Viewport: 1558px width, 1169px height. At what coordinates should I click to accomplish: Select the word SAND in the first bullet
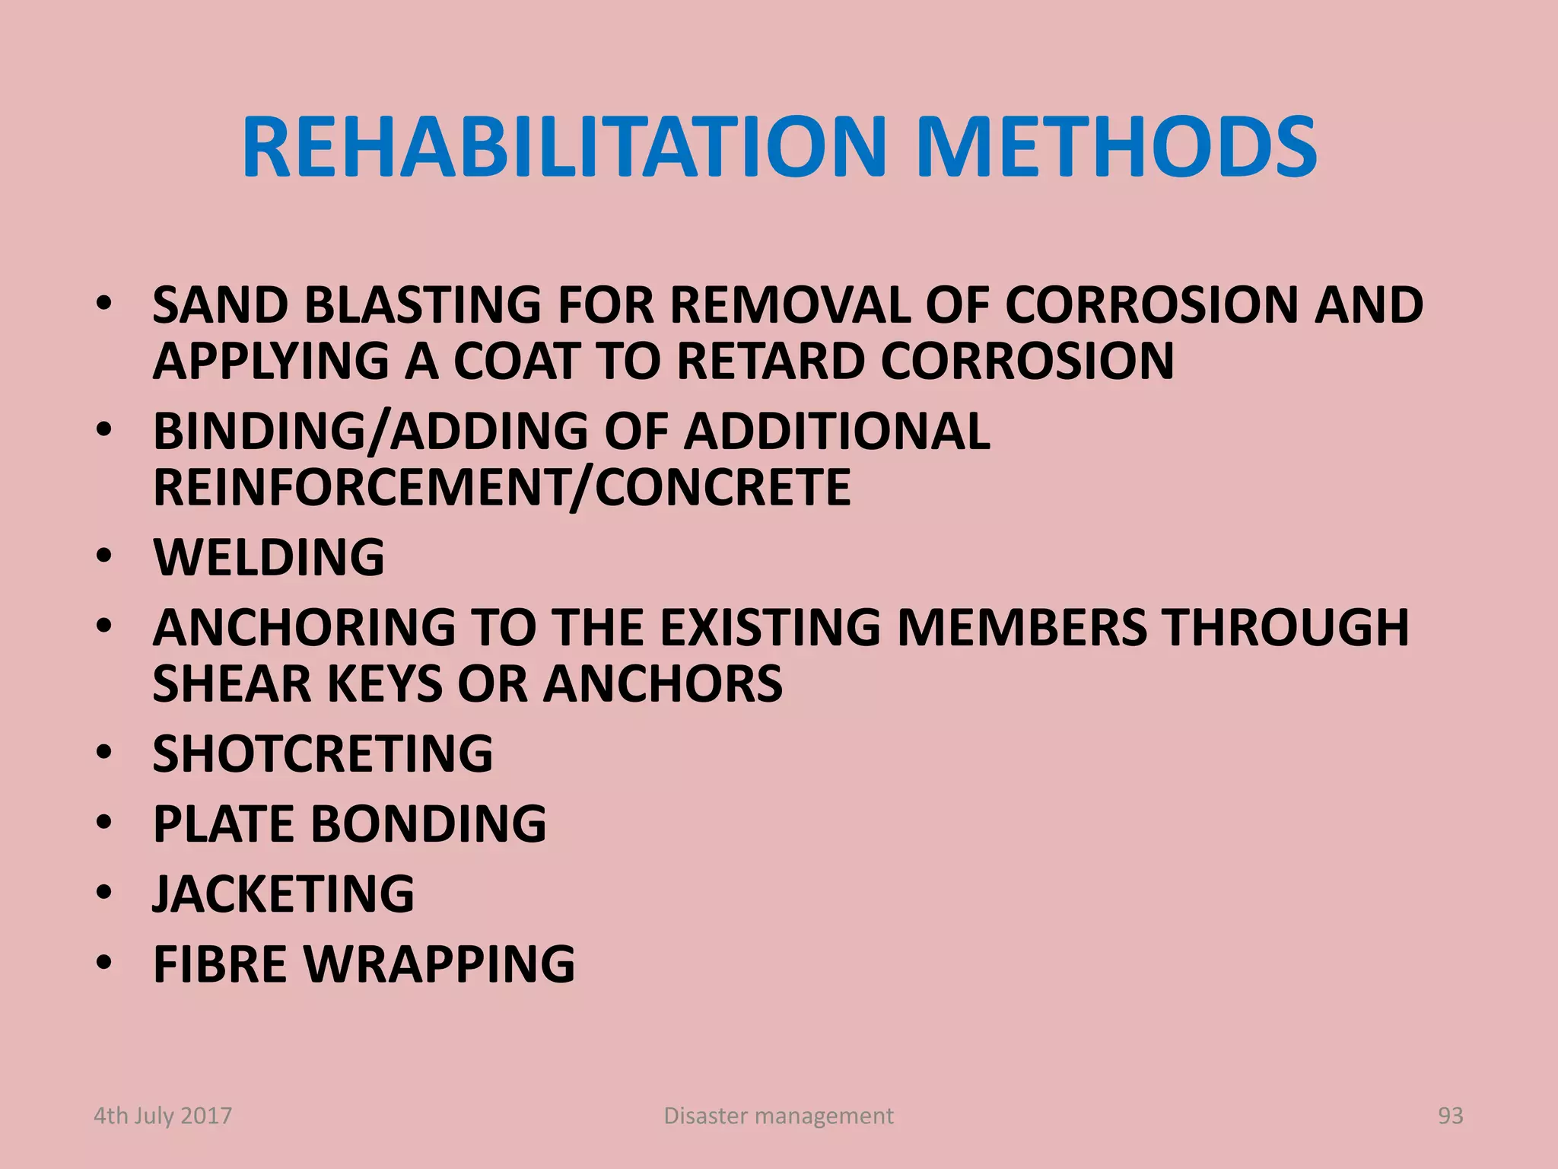[221, 306]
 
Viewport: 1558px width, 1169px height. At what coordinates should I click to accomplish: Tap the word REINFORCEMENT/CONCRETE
[501, 488]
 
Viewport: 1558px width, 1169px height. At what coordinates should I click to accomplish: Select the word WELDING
[269, 558]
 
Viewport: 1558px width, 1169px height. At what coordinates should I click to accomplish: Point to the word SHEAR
[232, 684]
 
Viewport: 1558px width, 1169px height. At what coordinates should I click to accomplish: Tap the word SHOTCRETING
[323, 754]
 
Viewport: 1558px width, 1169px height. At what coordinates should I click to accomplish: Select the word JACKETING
[283, 894]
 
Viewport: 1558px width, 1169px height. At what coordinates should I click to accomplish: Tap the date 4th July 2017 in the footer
[163, 1116]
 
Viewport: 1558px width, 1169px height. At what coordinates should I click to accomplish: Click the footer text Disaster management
[778, 1116]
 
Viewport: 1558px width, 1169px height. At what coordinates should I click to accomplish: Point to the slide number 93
[1450, 1116]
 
